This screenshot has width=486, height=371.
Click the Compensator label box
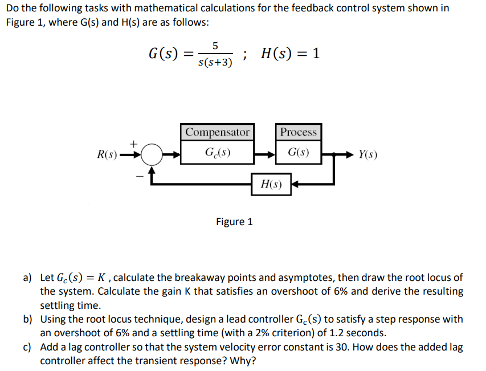pyautogui.click(x=218, y=132)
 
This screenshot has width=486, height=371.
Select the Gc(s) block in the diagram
pyautogui.click(x=218, y=153)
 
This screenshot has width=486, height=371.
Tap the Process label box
pyautogui.click(x=299, y=132)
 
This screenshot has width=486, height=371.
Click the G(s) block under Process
pyautogui.click(x=299, y=153)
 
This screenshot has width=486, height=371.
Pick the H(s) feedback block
pyautogui.click(x=271, y=184)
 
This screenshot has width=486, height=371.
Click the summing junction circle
pyautogui.click(x=152, y=154)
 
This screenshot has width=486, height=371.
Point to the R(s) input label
pyautogui.click(x=107, y=154)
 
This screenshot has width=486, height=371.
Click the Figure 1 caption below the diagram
pyautogui.click(x=234, y=222)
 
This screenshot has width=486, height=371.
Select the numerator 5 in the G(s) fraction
pyautogui.click(x=214, y=45)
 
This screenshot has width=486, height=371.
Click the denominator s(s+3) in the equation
pyautogui.click(x=215, y=62)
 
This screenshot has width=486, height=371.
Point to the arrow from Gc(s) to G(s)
pyautogui.click(x=266, y=154)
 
